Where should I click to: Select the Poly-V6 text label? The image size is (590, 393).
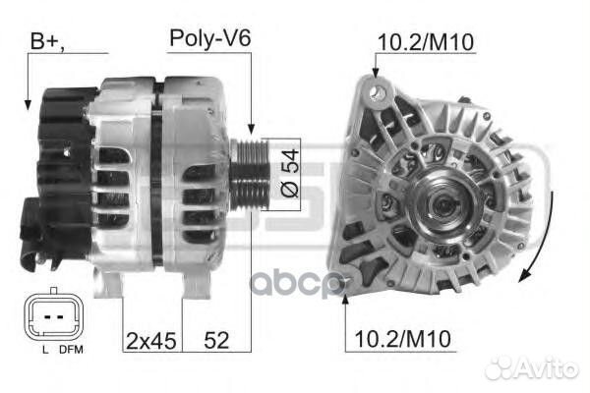point(210,38)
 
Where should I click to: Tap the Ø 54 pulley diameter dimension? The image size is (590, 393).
point(290,173)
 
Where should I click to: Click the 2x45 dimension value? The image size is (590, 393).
point(150,341)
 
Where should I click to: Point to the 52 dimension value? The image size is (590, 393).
point(216,340)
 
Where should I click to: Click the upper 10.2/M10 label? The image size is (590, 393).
point(425,42)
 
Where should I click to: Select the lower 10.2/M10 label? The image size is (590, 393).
point(402,339)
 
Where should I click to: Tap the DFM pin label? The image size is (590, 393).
point(71,350)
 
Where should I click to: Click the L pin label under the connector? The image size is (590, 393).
point(45,350)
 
